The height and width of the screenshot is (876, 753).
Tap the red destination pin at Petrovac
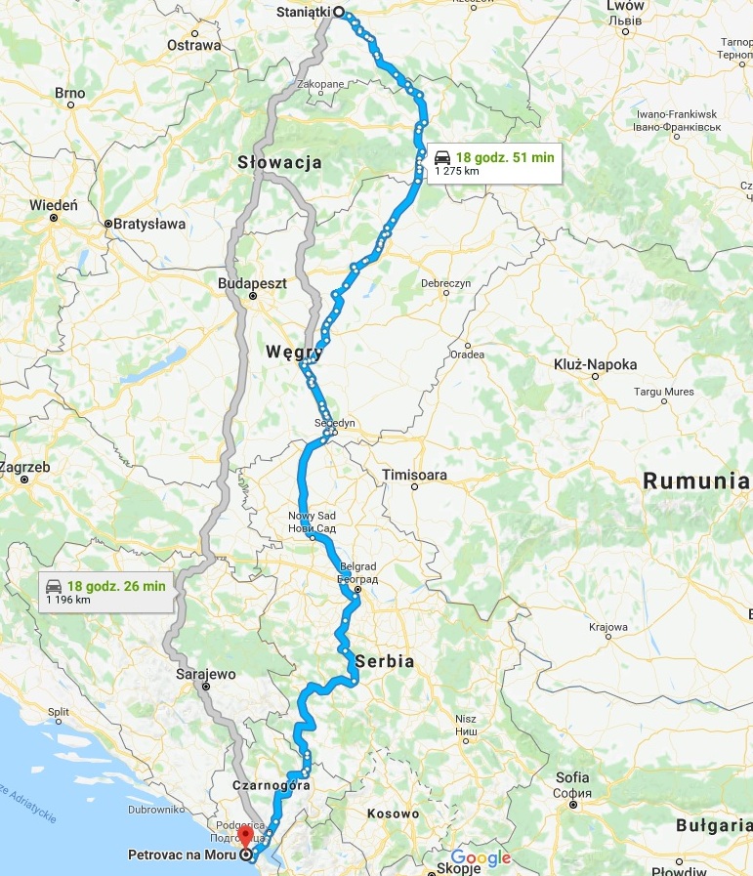tap(244, 838)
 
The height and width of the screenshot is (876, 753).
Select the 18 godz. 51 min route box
tap(494, 163)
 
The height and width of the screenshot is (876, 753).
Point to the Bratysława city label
tap(149, 224)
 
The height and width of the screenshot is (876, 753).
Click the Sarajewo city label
tap(206, 674)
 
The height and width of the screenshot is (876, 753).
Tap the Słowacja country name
tap(280, 163)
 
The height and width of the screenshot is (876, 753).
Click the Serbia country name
tap(385, 661)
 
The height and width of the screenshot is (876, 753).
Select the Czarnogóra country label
tap(272, 784)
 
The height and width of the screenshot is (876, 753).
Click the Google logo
tap(481, 857)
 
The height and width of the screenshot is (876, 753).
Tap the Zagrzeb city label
tap(25, 467)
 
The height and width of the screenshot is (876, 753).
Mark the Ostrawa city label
tap(193, 45)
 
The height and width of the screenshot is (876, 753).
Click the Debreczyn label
tap(446, 283)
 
